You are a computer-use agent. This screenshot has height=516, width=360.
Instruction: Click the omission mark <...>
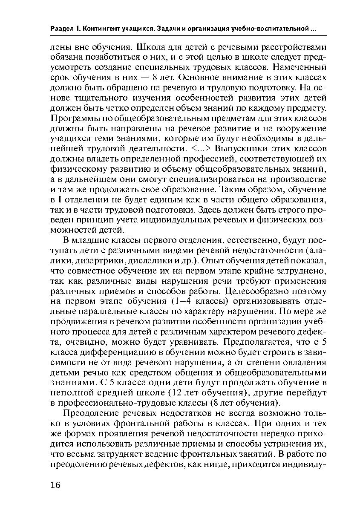pos(200,149)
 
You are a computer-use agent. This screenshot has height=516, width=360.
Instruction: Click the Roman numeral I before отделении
pos(60,200)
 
